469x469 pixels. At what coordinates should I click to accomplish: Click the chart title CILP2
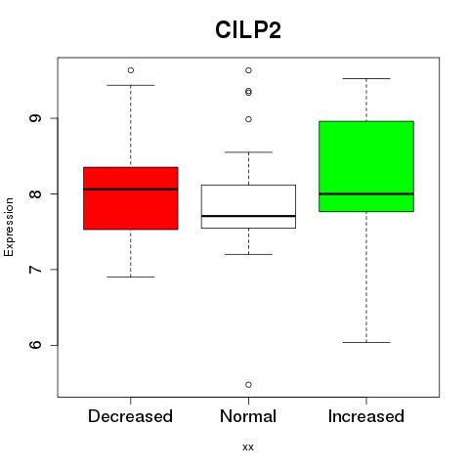point(248,30)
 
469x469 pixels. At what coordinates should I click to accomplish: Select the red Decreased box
point(131,198)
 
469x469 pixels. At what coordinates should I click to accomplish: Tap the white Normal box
point(248,206)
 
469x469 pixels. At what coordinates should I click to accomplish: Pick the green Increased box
point(366,166)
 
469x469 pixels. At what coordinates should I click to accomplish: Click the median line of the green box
point(366,193)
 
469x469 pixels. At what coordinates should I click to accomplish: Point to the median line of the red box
point(131,189)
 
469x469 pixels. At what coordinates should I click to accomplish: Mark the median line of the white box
point(248,216)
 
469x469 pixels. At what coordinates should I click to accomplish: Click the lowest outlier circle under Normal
point(248,385)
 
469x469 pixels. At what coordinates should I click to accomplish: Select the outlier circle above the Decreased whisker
point(131,70)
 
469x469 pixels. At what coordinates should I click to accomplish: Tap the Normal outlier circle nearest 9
point(248,119)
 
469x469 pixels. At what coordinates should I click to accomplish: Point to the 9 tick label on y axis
point(35,118)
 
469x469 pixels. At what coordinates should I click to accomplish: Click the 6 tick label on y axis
point(35,345)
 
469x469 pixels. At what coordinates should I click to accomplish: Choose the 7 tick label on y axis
point(35,269)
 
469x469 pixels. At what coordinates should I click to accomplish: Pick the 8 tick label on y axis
point(35,193)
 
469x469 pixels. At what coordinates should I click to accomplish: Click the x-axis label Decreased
point(130,416)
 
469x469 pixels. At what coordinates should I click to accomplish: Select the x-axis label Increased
point(366,416)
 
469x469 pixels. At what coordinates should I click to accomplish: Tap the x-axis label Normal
point(248,416)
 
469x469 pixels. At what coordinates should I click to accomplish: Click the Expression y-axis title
point(9,227)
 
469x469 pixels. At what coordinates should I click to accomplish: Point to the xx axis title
point(248,447)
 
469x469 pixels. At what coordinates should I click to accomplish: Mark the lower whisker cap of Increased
point(366,342)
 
